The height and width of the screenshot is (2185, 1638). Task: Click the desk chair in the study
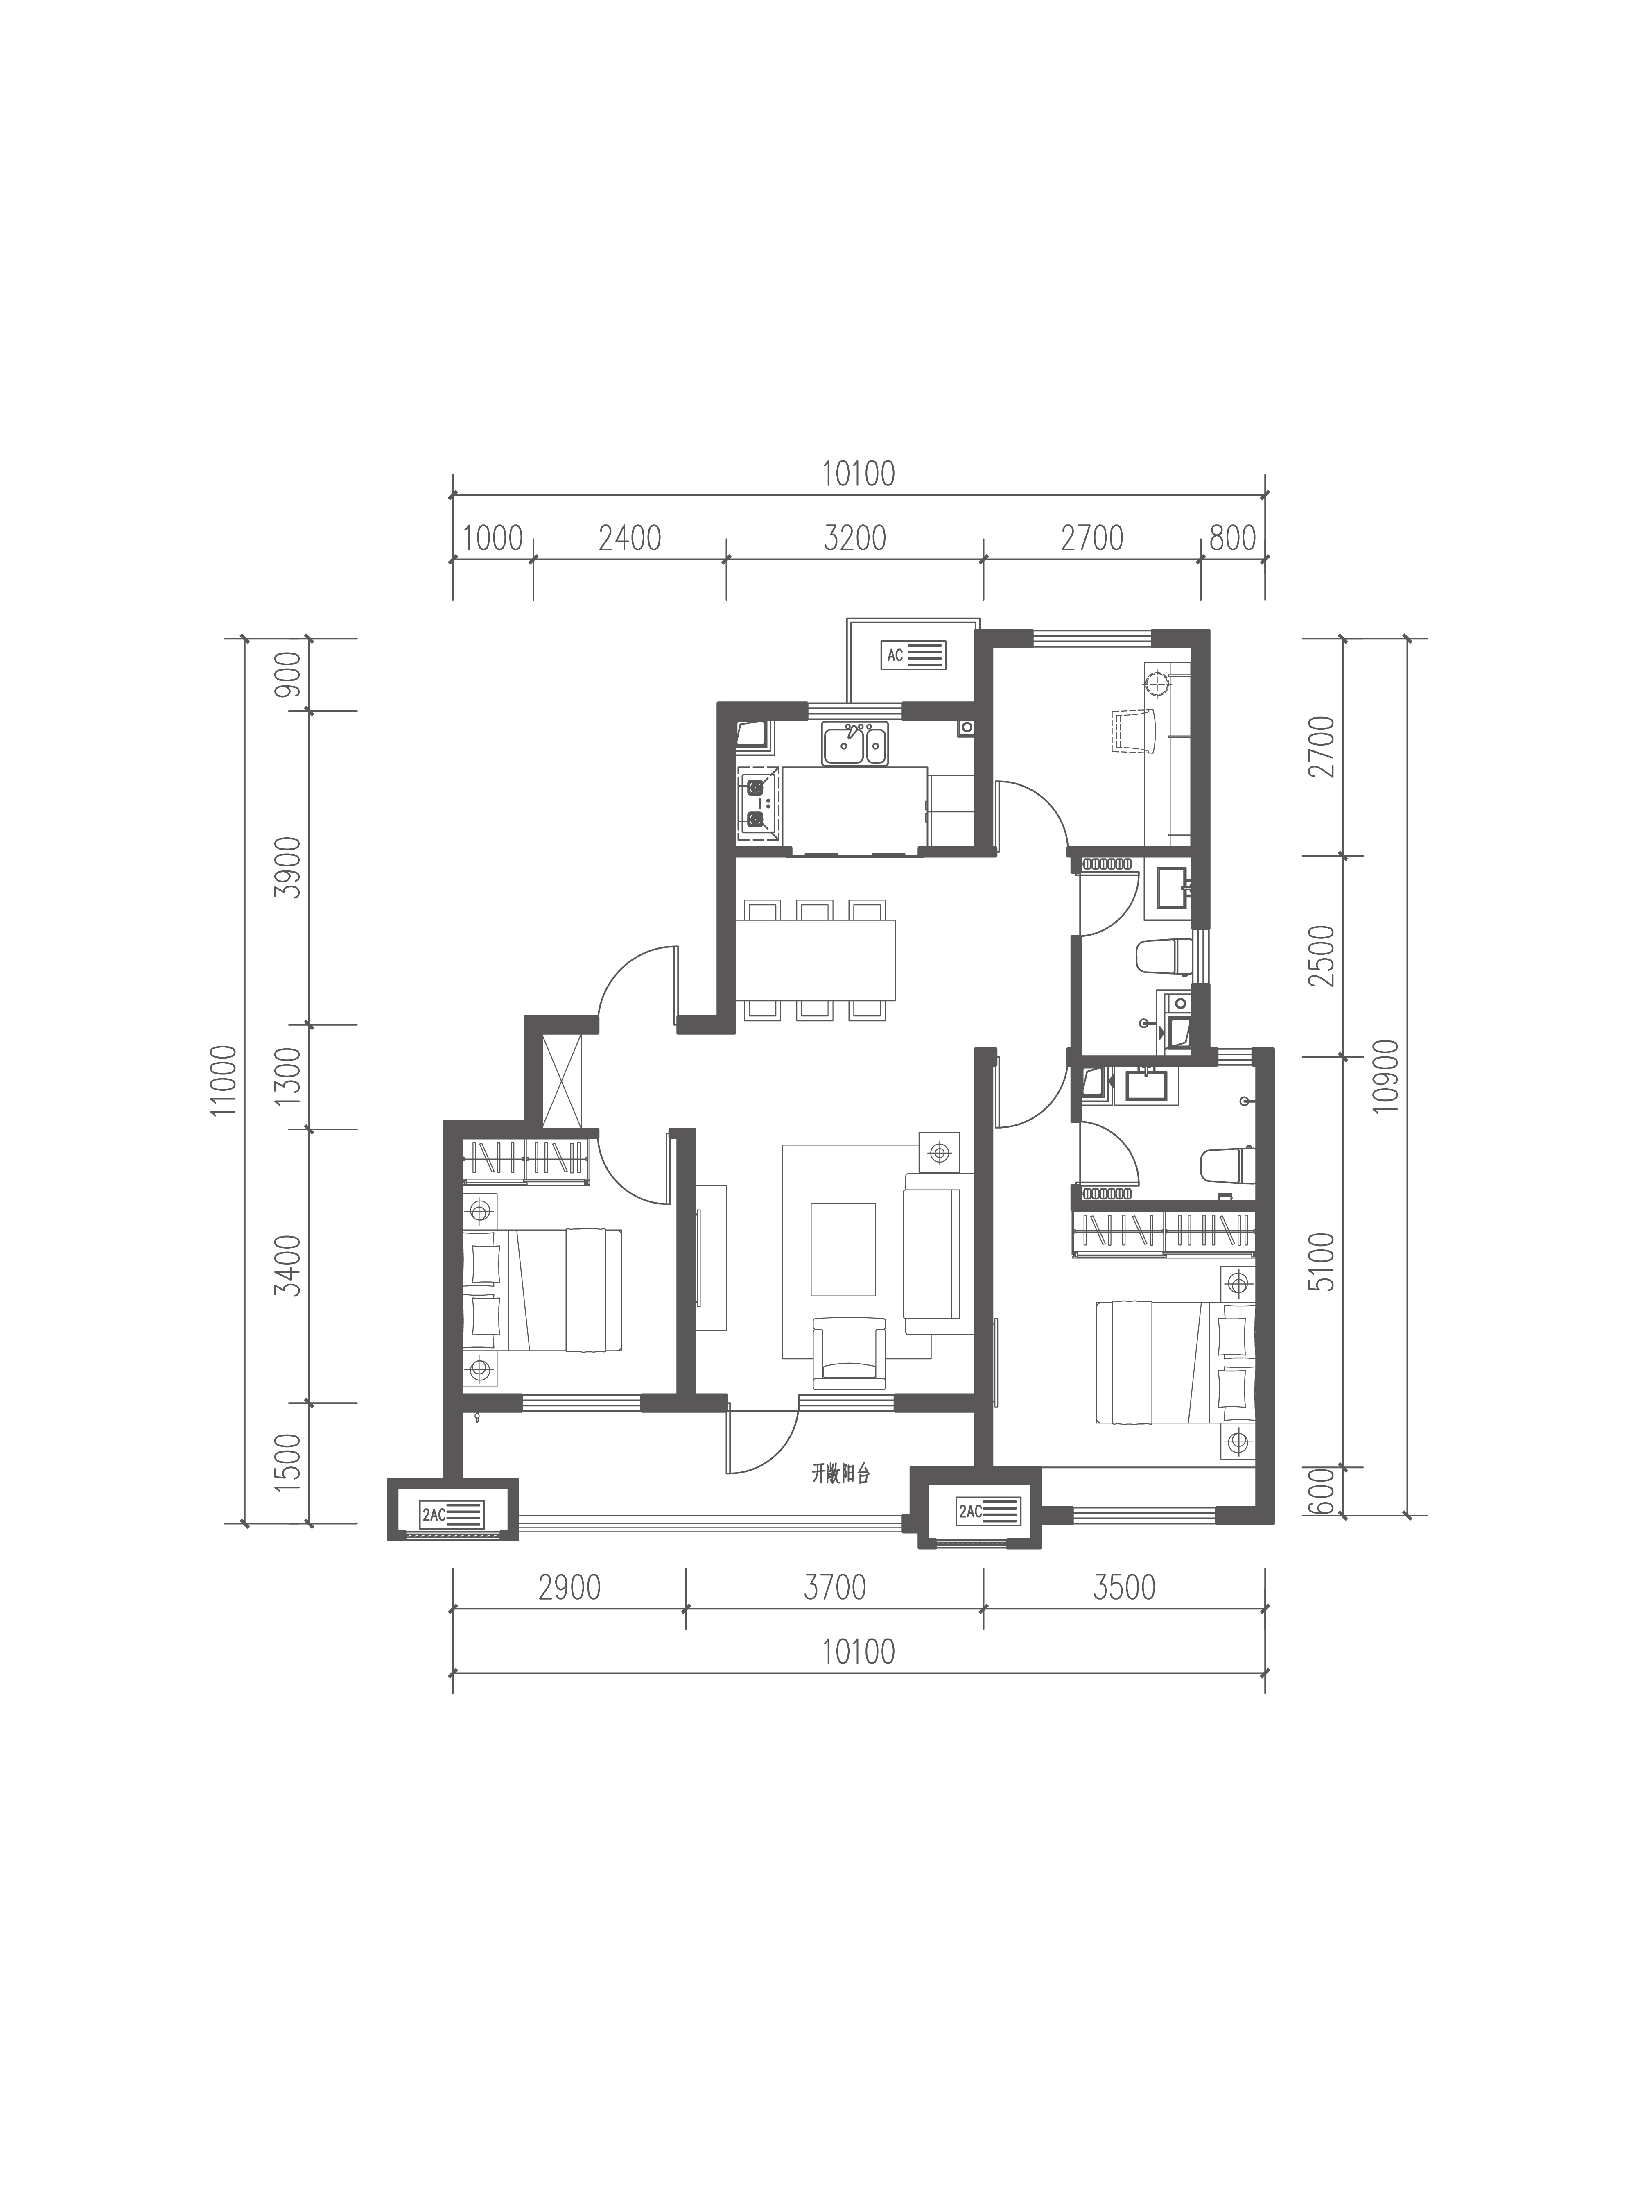pos(1134,731)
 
